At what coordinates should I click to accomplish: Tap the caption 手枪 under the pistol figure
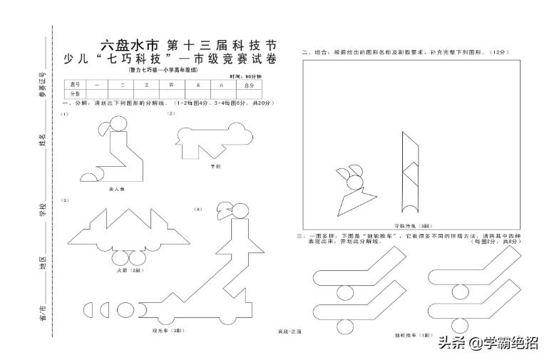pyautogui.click(x=215, y=165)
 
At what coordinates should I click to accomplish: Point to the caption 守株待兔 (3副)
pyautogui.click(x=409, y=225)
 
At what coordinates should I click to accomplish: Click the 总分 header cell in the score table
pyautogui.click(x=248, y=85)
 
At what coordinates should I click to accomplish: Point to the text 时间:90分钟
pyautogui.click(x=245, y=76)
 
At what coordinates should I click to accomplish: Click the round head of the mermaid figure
pyautogui.click(x=118, y=128)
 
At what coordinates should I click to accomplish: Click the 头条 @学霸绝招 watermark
pyautogui.click(x=488, y=344)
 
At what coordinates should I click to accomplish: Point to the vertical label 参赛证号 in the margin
pyautogui.click(x=42, y=83)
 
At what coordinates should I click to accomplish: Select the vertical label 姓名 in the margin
pyautogui.click(x=42, y=140)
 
